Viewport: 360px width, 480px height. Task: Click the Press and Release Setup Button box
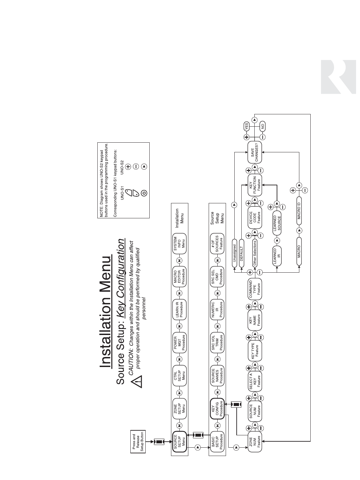[138, 442]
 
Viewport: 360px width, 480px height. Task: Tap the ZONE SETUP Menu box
[179, 409]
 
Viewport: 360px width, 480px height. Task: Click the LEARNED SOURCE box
[277, 221]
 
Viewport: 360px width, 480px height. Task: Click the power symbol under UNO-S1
[144, 193]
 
